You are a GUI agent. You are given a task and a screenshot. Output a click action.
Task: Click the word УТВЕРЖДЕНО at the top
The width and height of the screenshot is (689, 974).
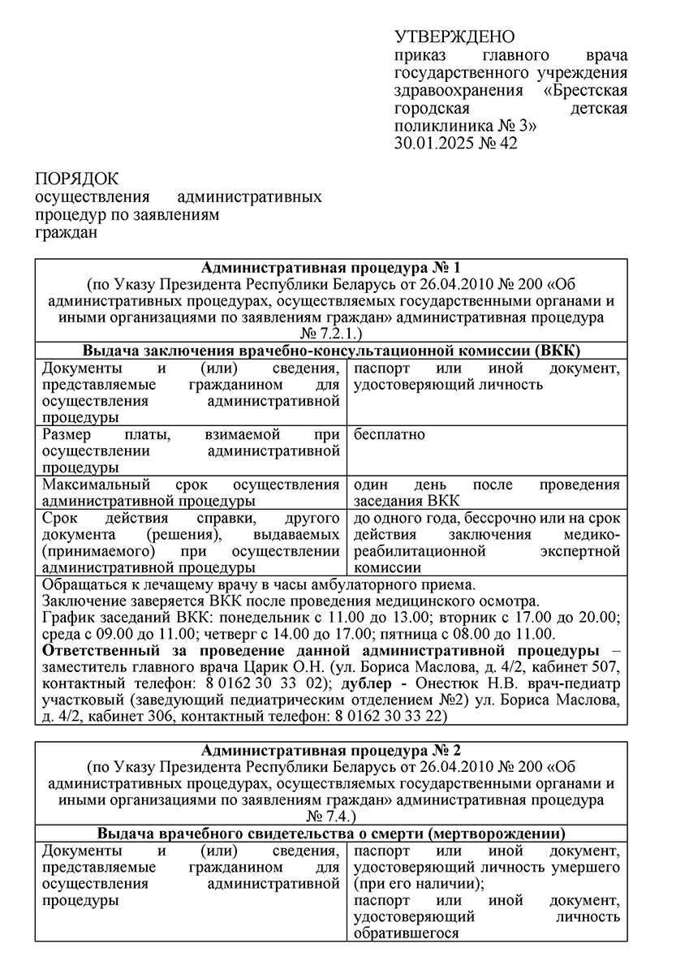[454, 37]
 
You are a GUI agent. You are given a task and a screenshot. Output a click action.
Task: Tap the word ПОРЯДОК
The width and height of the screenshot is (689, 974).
[76, 179]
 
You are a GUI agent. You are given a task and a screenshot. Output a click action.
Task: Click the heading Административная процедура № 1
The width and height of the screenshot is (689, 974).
[330, 268]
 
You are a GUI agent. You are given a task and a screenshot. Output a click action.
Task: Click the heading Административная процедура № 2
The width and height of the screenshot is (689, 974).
[330, 750]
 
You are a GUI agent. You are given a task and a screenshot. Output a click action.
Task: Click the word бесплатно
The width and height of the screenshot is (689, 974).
[390, 435]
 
